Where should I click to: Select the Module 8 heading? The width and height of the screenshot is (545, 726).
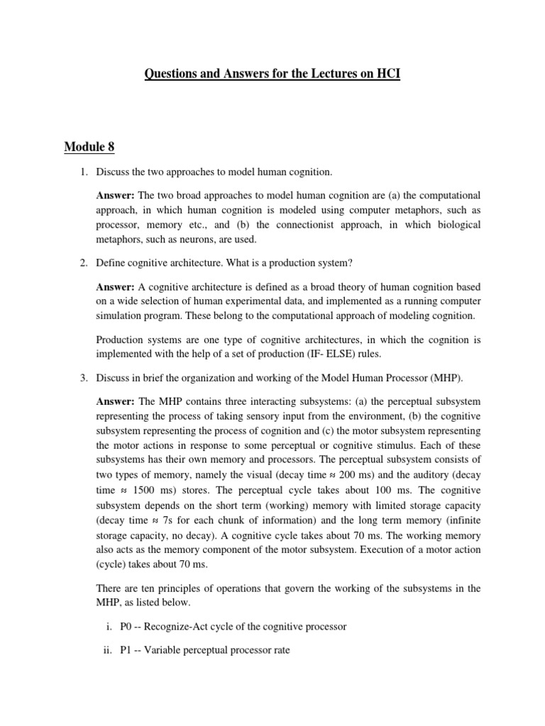[89, 147]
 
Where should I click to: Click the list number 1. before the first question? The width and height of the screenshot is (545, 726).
[82, 172]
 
